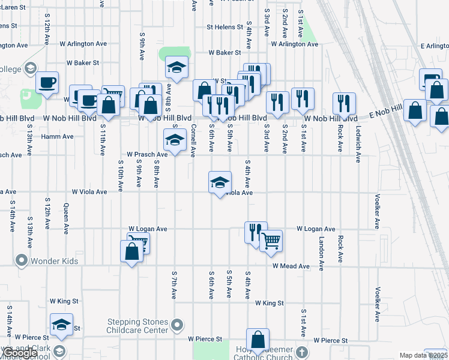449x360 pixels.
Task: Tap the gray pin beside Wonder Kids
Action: tap(22, 260)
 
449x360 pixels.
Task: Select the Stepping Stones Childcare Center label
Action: tap(137, 326)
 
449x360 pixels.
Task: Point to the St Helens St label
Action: tap(227, 27)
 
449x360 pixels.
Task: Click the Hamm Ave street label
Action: tap(57, 136)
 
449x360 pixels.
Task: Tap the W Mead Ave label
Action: tap(291, 266)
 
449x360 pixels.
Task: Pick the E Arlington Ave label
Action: tap(435, 46)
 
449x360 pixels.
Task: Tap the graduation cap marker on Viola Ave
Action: tap(220, 182)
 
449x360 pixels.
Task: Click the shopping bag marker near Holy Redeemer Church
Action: tap(258, 340)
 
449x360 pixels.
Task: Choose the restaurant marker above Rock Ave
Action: tap(344, 103)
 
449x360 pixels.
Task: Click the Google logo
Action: tap(20, 353)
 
